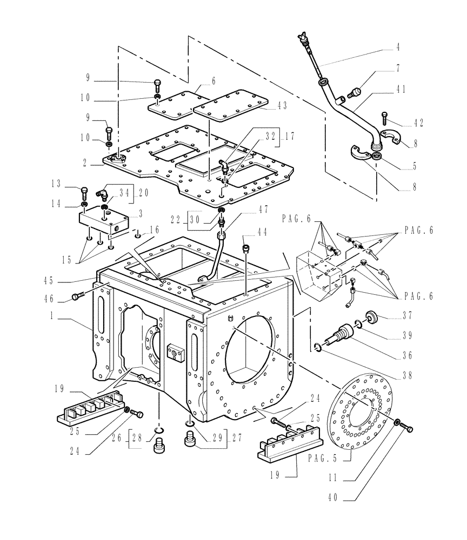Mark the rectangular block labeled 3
coord(104,221)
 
